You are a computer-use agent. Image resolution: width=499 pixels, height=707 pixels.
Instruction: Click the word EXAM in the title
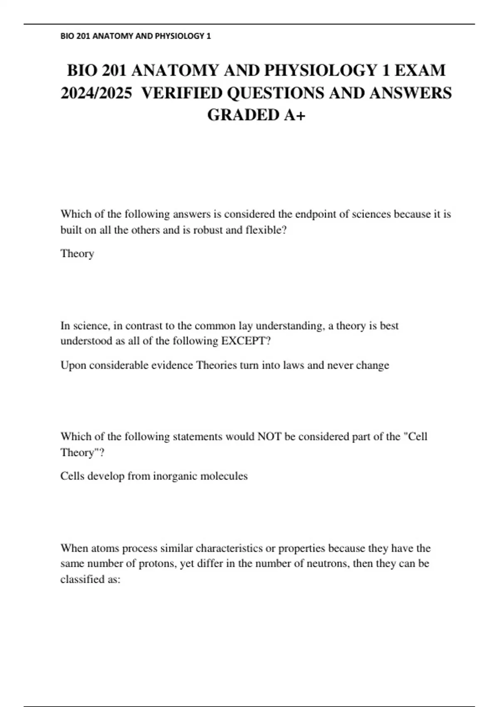pyautogui.click(x=420, y=70)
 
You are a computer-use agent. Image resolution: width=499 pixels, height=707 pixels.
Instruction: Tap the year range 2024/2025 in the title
pyautogui.click(x=96, y=93)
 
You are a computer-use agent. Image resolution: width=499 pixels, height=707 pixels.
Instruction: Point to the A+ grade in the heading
pyautogui.click(x=294, y=115)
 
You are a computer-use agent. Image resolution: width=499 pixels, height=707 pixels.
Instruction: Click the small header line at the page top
pyautogui.click(x=136, y=36)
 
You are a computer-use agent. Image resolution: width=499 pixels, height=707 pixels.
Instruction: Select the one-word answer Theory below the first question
pyautogui.click(x=77, y=254)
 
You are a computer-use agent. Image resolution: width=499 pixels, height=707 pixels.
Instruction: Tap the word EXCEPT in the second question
pyautogui.click(x=245, y=341)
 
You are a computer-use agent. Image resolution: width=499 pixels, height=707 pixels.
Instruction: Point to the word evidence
pyautogui.click(x=172, y=365)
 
